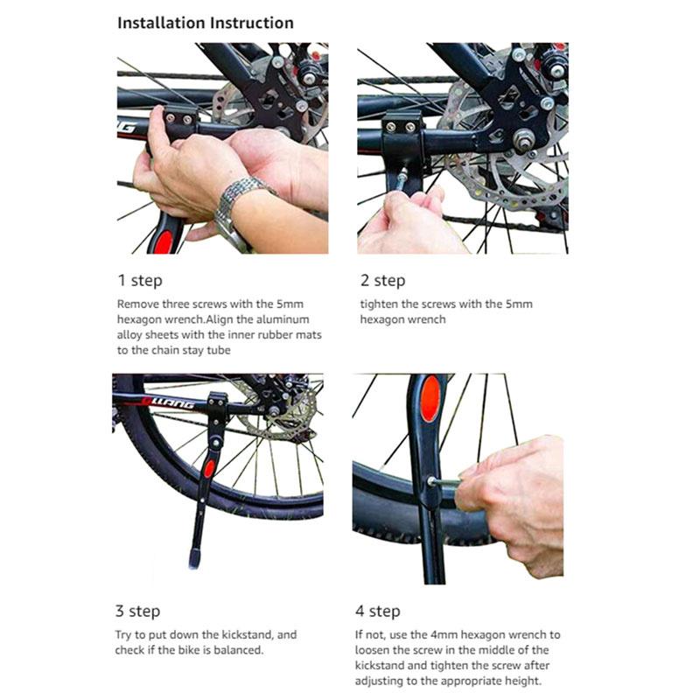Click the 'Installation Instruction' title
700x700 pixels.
click(x=206, y=23)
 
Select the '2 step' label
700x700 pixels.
click(x=382, y=281)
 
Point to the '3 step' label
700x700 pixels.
click(x=137, y=611)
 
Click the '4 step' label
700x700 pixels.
click(x=378, y=611)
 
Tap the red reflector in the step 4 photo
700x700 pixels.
click(x=430, y=399)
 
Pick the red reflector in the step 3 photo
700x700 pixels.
click(x=209, y=468)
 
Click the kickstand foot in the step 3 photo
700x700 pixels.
click(x=194, y=557)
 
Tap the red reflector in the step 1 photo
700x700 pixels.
click(x=163, y=241)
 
